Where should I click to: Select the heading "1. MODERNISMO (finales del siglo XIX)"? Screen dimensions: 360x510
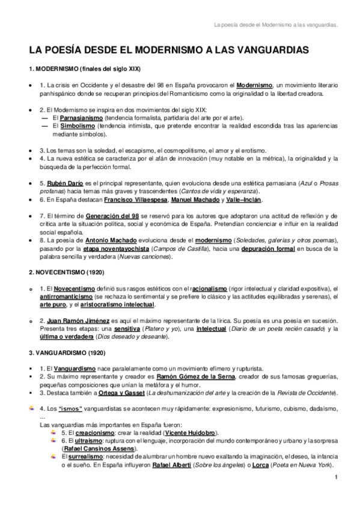pyautogui.click(x=85, y=69)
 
